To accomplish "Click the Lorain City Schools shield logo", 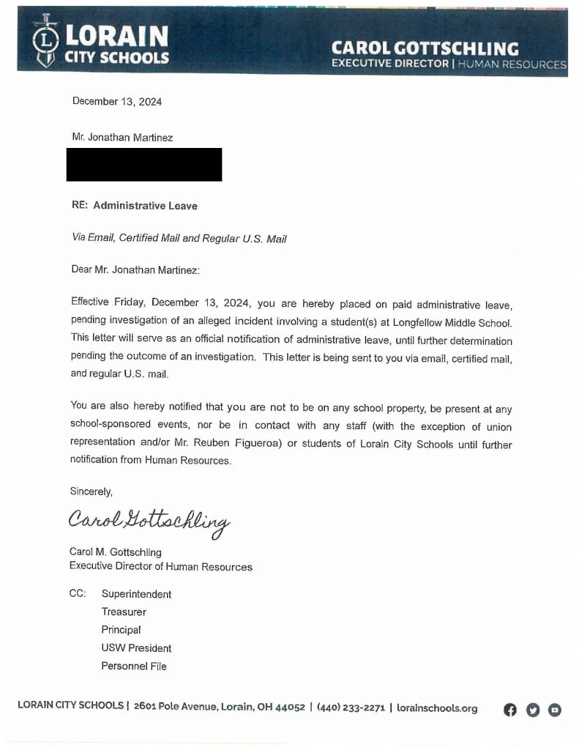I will [x=46, y=41].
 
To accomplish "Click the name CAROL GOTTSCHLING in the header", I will [x=425, y=48].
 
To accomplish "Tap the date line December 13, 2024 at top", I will [x=116, y=102].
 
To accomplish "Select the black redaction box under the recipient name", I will [x=143, y=165].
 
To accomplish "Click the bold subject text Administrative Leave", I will [x=145, y=206].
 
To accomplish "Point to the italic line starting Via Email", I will [x=178, y=238].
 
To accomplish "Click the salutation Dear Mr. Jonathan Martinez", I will [x=135, y=270].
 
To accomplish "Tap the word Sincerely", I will [x=91, y=491].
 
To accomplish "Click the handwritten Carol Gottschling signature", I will [x=149, y=522].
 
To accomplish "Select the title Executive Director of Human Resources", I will [x=160, y=566].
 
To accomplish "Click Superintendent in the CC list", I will [x=136, y=594].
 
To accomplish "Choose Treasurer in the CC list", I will [x=124, y=612].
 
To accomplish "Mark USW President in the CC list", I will [x=136, y=648].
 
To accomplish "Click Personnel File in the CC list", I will [x=134, y=666].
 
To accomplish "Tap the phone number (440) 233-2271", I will [x=351, y=708].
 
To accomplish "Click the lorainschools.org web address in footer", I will [x=437, y=708].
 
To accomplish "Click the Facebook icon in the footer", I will [x=510, y=709].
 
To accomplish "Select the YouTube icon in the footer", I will [x=555, y=709].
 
